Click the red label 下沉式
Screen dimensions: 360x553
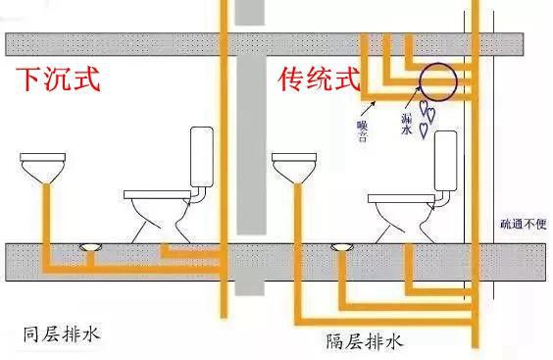click(x=55, y=79)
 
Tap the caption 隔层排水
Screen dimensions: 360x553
click(x=364, y=342)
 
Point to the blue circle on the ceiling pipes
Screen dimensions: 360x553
click(x=434, y=84)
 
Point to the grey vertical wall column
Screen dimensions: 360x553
click(x=252, y=147)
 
